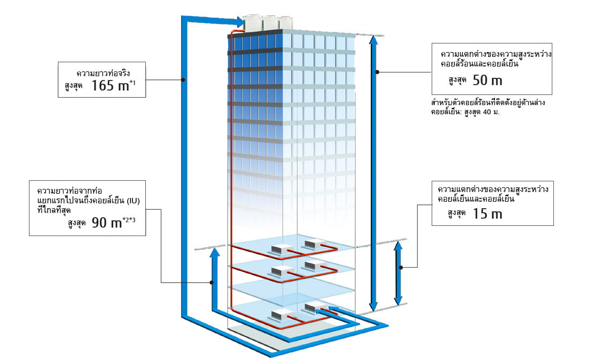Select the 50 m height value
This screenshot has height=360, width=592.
click(489, 80)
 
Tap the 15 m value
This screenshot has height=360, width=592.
click(487, 214)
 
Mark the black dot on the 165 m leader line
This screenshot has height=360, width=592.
click(183, 80)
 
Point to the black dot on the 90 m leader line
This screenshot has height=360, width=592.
click(212, 282)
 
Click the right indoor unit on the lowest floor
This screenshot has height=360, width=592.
click(313, 308)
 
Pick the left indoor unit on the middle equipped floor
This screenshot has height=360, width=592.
click(280, 270)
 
